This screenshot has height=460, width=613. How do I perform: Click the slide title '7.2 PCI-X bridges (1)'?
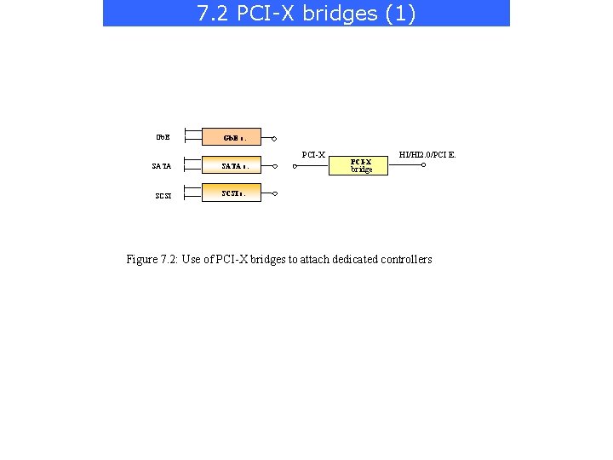306,14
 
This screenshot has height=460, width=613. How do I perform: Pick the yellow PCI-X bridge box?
361,165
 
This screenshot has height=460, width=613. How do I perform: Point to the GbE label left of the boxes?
162,137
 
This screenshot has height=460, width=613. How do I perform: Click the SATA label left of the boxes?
163,167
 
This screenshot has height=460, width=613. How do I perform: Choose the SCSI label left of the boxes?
163,196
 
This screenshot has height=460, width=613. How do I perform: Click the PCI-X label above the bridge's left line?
314,155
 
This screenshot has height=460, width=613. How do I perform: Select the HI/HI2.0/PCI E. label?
427,154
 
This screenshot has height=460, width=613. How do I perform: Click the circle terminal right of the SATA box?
274,166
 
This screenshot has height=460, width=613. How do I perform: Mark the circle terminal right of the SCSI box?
274,194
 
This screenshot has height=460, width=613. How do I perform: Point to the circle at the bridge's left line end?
294,166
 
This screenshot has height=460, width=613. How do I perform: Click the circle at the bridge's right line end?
424,166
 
